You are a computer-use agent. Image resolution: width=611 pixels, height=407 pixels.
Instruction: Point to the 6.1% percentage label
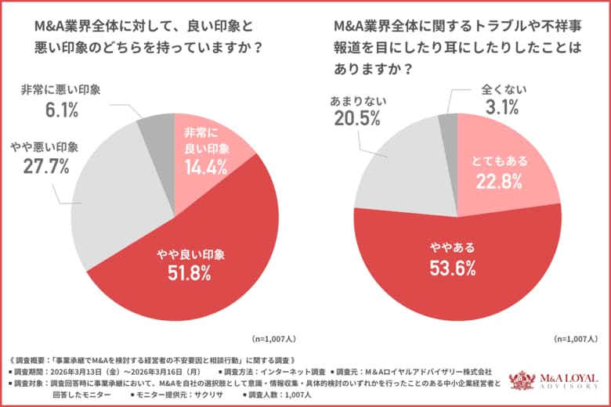[x=61, y=110]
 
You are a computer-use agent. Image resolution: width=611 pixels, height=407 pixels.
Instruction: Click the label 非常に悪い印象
[x=61, y=89]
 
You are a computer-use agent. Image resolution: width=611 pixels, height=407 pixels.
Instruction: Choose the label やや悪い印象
[x=45, y=146]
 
